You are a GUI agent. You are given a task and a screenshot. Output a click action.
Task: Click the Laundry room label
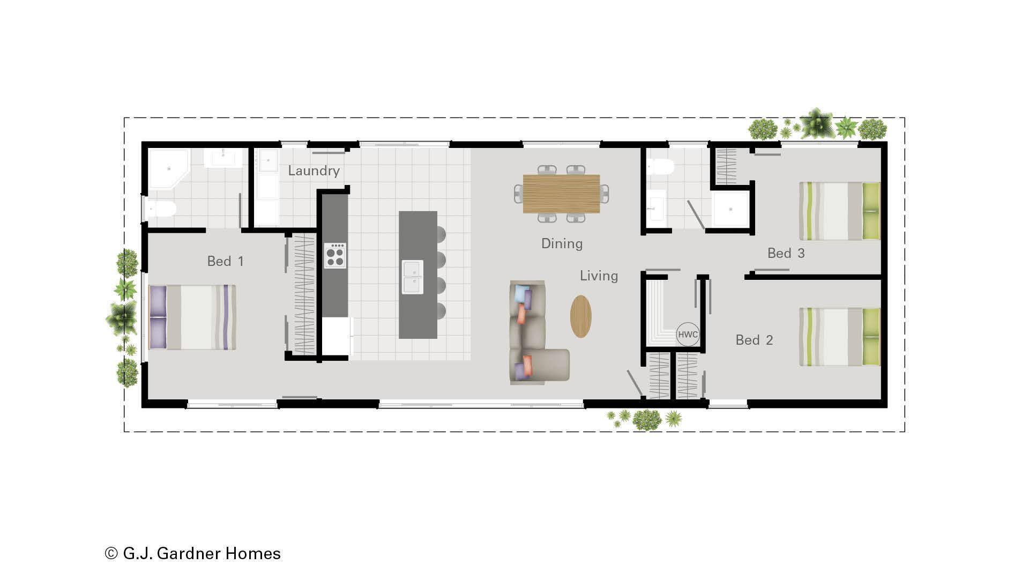click(314, 171)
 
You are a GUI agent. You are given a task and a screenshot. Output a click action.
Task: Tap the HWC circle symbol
click(688, 335)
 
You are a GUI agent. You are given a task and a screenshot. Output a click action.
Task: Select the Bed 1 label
click(225, 262)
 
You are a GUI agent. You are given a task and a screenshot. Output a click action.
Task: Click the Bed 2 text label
click(754, 340)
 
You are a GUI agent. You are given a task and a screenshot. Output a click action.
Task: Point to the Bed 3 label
click(786, 254)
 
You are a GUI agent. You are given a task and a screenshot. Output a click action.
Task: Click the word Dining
click(562, 244)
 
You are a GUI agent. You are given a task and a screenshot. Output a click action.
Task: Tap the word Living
click(599, 276)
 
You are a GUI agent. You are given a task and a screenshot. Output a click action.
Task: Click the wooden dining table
click(561, 194)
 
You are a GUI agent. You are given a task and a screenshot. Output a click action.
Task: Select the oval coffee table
click(581, 316)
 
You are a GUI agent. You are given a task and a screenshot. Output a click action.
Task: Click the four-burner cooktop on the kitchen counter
click(335, 256)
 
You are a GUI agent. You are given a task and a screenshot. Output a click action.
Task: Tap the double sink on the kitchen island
click(413, 277)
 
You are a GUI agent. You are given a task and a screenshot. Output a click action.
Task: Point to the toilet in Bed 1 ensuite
click(160, 208)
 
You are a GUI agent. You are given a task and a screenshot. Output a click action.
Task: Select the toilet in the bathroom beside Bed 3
click(660, 167)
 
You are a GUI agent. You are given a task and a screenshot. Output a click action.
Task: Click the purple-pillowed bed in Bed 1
click(192, 317)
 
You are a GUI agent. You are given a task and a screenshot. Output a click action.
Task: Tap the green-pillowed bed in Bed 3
click(839, 211)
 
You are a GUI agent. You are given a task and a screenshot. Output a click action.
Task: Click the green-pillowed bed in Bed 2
click(839, 337)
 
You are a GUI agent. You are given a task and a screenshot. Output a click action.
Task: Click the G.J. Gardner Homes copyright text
click(193, 553)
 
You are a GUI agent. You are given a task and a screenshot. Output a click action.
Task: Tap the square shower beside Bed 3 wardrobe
click(729, 209)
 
